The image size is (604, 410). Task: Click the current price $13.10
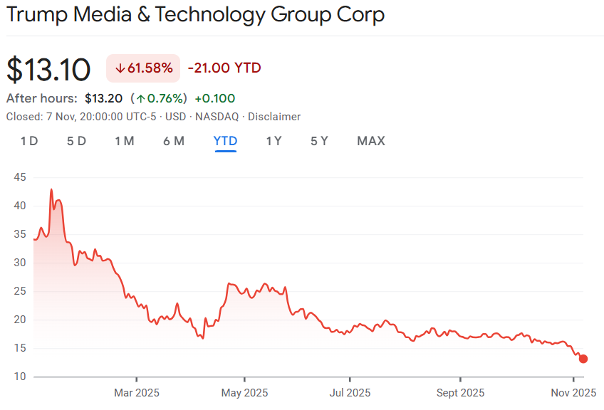48,69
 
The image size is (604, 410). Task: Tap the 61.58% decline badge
143,68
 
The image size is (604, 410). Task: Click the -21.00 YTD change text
224,68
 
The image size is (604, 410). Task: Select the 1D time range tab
29,141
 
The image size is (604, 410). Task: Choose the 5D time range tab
76,141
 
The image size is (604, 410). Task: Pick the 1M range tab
124,141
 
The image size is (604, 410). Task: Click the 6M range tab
173,141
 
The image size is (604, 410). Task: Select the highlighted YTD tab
225,141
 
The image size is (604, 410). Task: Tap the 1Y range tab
274,141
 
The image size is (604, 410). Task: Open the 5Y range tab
319,141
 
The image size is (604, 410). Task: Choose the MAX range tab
370,141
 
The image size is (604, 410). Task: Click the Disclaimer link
274,117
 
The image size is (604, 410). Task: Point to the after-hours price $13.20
103,98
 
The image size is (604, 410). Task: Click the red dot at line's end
583,359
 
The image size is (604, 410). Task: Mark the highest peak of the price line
51,189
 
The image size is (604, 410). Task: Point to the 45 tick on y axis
19,177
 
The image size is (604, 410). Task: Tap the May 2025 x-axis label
244,392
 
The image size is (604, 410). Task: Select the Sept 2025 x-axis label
460,392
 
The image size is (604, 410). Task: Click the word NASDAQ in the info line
218,117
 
